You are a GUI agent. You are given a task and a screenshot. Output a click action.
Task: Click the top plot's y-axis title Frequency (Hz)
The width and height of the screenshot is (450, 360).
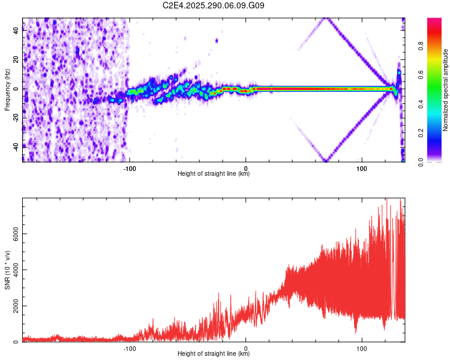point(7,89)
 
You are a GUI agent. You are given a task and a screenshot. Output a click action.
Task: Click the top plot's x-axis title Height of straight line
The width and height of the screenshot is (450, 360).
point(214,174)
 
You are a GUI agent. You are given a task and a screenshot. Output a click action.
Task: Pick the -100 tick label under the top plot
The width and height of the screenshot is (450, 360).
point(130,168)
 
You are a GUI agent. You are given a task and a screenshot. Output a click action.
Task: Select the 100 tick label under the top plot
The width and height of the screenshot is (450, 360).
point(362,168)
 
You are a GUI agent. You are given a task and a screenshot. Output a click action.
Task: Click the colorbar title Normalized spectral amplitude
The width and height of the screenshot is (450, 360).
point(446,90)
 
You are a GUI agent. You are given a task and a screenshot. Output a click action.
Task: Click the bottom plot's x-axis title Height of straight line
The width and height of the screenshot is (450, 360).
point(214,354)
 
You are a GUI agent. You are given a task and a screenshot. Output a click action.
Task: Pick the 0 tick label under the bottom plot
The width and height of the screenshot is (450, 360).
point(246,348)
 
